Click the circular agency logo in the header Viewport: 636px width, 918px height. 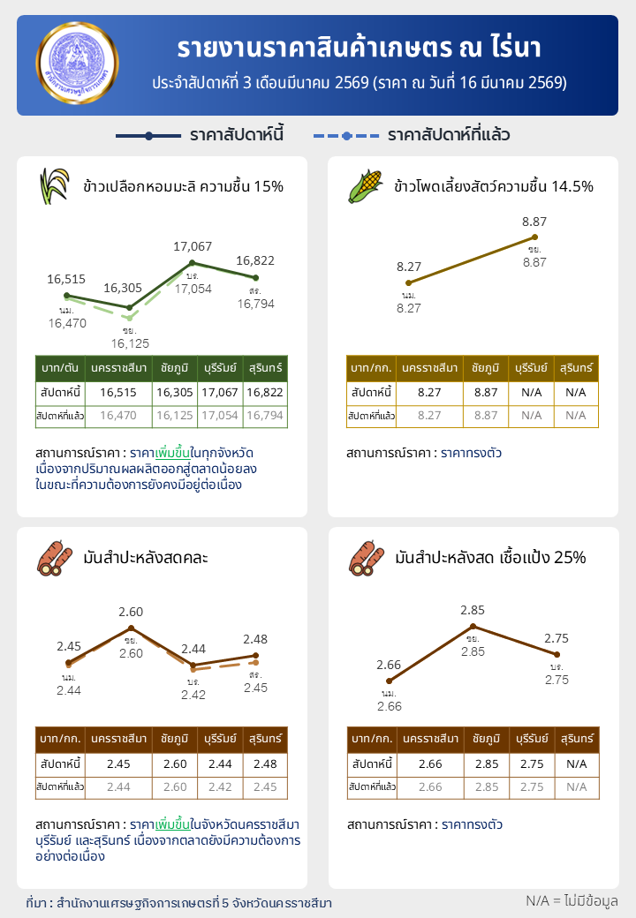pos(76,65)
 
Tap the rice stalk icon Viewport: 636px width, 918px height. pos(54,185)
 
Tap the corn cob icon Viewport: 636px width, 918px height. pos(365,185)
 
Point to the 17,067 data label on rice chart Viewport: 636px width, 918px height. pos(193,246)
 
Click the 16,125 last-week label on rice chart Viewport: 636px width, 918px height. pos(130,342)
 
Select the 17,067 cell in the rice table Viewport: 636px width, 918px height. pos(220,392)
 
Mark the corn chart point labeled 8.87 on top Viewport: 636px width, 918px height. pos(534,237)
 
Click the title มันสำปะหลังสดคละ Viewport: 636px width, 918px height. pos(146,558)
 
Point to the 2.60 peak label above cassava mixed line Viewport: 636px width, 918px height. pos(131,612)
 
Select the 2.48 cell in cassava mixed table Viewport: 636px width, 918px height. pos(265,763)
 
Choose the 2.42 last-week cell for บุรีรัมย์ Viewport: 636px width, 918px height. pos(220,786)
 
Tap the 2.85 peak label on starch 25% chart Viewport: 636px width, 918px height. pos(473,610)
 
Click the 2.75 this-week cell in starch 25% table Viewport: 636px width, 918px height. pos(530,763)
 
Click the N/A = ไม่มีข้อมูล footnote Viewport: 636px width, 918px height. pos(571,900)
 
